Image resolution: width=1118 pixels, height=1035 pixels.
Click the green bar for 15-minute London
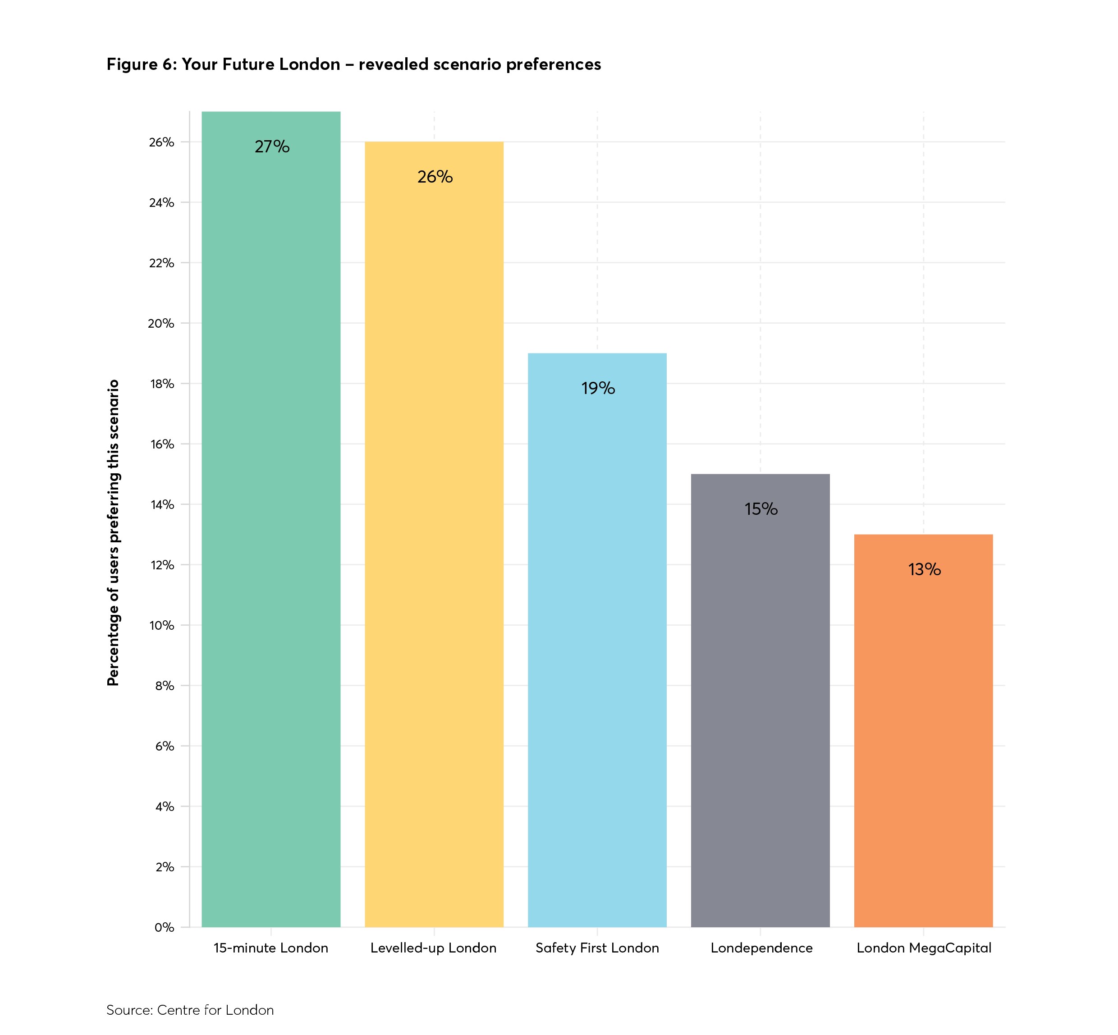(x=270, y=521)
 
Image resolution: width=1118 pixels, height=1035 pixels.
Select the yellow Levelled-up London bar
(x=434, y=538)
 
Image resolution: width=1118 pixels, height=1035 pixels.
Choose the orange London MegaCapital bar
(x=923, y=734)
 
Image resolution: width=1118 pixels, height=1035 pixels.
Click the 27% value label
(x=272, y=147)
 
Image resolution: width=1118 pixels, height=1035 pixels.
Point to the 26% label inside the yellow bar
(x=435, y=177)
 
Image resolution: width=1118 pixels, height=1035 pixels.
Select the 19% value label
(x=598, y=388)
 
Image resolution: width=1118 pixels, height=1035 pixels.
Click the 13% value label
(x=924, y=570)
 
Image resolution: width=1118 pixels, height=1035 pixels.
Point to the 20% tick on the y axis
(x=161, y=324)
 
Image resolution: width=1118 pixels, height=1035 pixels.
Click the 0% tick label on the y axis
(x=164, y=927)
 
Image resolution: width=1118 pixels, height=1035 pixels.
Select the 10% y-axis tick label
(x=162, y=626)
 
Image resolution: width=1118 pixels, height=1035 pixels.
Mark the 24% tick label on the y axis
(x=162, y=203)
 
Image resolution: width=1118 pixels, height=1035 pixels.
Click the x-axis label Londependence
(x=761, y=948)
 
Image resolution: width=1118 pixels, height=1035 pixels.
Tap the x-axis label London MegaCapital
(x=924, y=948)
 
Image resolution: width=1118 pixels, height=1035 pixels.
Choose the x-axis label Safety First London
(x=597, y=948)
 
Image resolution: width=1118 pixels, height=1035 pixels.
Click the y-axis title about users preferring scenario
(x=114, y=532)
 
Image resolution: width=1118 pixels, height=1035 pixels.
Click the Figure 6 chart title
(x=353, y=64)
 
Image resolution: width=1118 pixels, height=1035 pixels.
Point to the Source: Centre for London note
(x=190, y=1010)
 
